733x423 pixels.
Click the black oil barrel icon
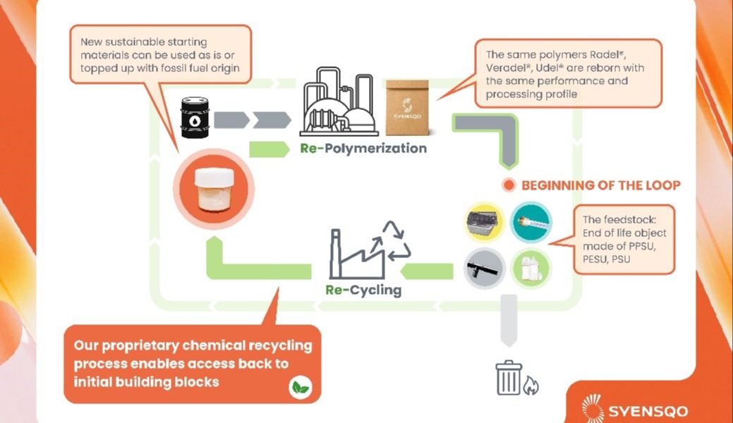click(x=195, y=118)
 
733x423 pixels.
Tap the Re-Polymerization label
click(x=363, y=149)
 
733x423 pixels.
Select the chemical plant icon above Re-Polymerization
click(x=336, y=102)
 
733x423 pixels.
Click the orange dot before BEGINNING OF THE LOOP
click(x=507, y=185)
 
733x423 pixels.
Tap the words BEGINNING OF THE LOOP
click(x=600, y=185)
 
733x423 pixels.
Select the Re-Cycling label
click(x=363, y=290)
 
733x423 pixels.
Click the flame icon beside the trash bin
click(x=530, y=384)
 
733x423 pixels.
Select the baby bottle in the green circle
click(x=531, y=269)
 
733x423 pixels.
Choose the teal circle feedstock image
click(x=531, y=222)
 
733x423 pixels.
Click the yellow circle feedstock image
click(x=485, y=222)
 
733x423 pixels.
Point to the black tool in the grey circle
click(x=485, y=269)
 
